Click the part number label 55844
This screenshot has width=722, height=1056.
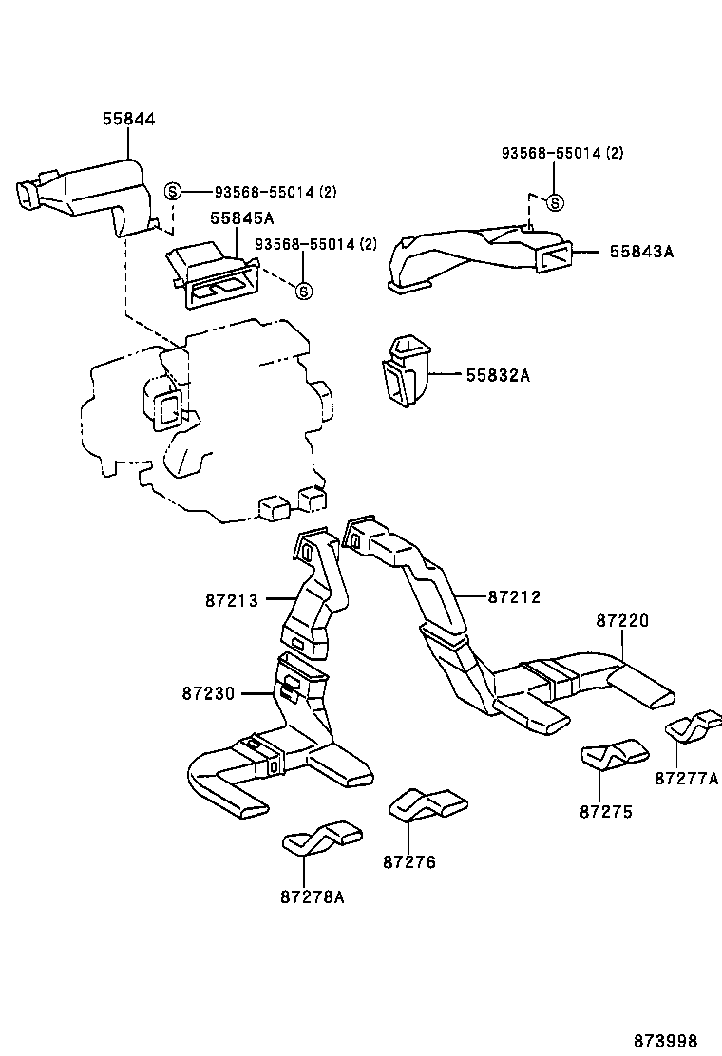129,119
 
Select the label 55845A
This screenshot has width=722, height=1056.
236,217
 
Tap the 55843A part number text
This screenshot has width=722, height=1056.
641,252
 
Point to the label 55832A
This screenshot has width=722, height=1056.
498,376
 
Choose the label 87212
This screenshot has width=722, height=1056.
514,596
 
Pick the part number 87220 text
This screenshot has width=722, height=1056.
623,620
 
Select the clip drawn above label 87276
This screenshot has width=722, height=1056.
427,804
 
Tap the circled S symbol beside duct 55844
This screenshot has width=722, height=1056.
173,191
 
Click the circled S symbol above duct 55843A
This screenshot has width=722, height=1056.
556,202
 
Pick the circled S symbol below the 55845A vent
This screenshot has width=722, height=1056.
303,291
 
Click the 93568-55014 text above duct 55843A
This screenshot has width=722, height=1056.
562,153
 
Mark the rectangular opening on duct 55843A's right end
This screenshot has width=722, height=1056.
555,256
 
